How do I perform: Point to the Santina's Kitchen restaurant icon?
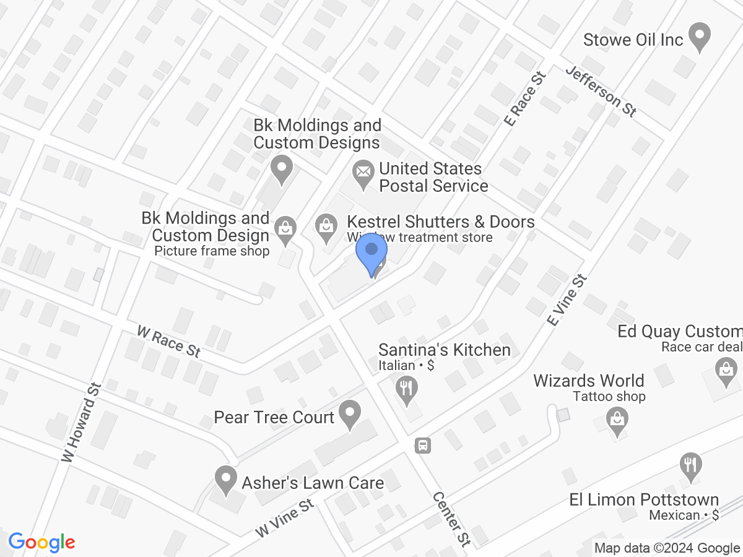[407, 391]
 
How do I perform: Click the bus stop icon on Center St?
[423, 445]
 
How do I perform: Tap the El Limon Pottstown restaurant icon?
[689, 465]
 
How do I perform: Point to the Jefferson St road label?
[601, 91]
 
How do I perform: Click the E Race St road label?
[526, 99]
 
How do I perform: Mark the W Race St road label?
[168, 342]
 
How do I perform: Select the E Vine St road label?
[567, 301]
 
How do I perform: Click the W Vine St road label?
[285, 519]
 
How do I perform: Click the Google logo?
[42, 543]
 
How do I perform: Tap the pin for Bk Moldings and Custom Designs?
[282, 169]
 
